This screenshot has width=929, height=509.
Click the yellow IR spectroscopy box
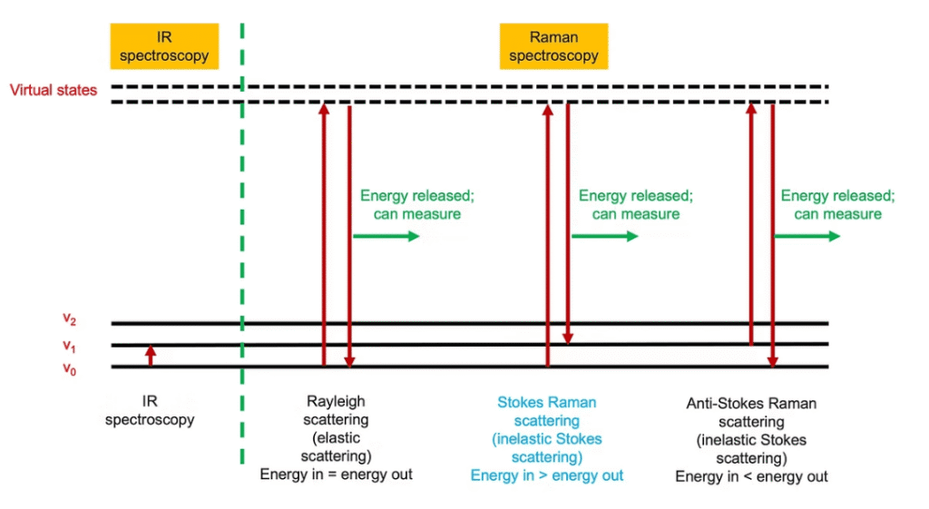(x=164, y=46)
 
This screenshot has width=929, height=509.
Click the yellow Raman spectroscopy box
(x=553, y=46)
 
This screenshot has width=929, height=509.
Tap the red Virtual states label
(x=54, y=91)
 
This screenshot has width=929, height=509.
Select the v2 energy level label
(x=69, y=318)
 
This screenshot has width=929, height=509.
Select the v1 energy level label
(x=69, y=345)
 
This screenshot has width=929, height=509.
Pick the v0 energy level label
(x=69, y=369)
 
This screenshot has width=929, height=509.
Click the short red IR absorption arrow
(x=151, y=356)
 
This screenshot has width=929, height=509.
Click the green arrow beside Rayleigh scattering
(x=386, y=236)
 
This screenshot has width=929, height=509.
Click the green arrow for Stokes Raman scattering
(x=604, y=236)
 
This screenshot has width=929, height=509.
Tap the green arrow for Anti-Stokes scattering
(x=807, y=236)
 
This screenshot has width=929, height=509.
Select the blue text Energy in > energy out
(x=547, y=475)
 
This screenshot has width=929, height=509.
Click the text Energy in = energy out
(x=336, y=475)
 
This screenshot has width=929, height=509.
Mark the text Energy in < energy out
(x=751, y=476)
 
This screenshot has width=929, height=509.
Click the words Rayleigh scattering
(x=337, y=410)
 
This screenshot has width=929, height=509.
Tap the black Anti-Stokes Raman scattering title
(x=751, y=412)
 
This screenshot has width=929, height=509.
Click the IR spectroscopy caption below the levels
(x=150, y=411)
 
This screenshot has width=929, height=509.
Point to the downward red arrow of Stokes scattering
(x=568, y=222)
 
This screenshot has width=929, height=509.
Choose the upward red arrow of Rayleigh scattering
(x=324, y=236)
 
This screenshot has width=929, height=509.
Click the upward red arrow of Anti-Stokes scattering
(x=751, y=222)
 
